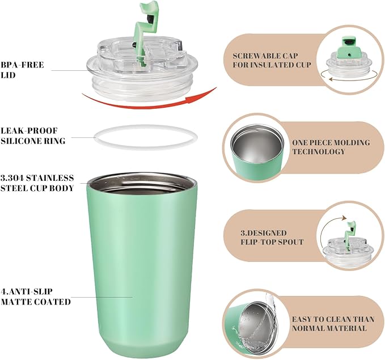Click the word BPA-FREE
click(22, 65)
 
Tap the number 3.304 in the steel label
click(12, 178)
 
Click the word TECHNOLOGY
click(319, 151)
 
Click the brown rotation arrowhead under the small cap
click(331, 79)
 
